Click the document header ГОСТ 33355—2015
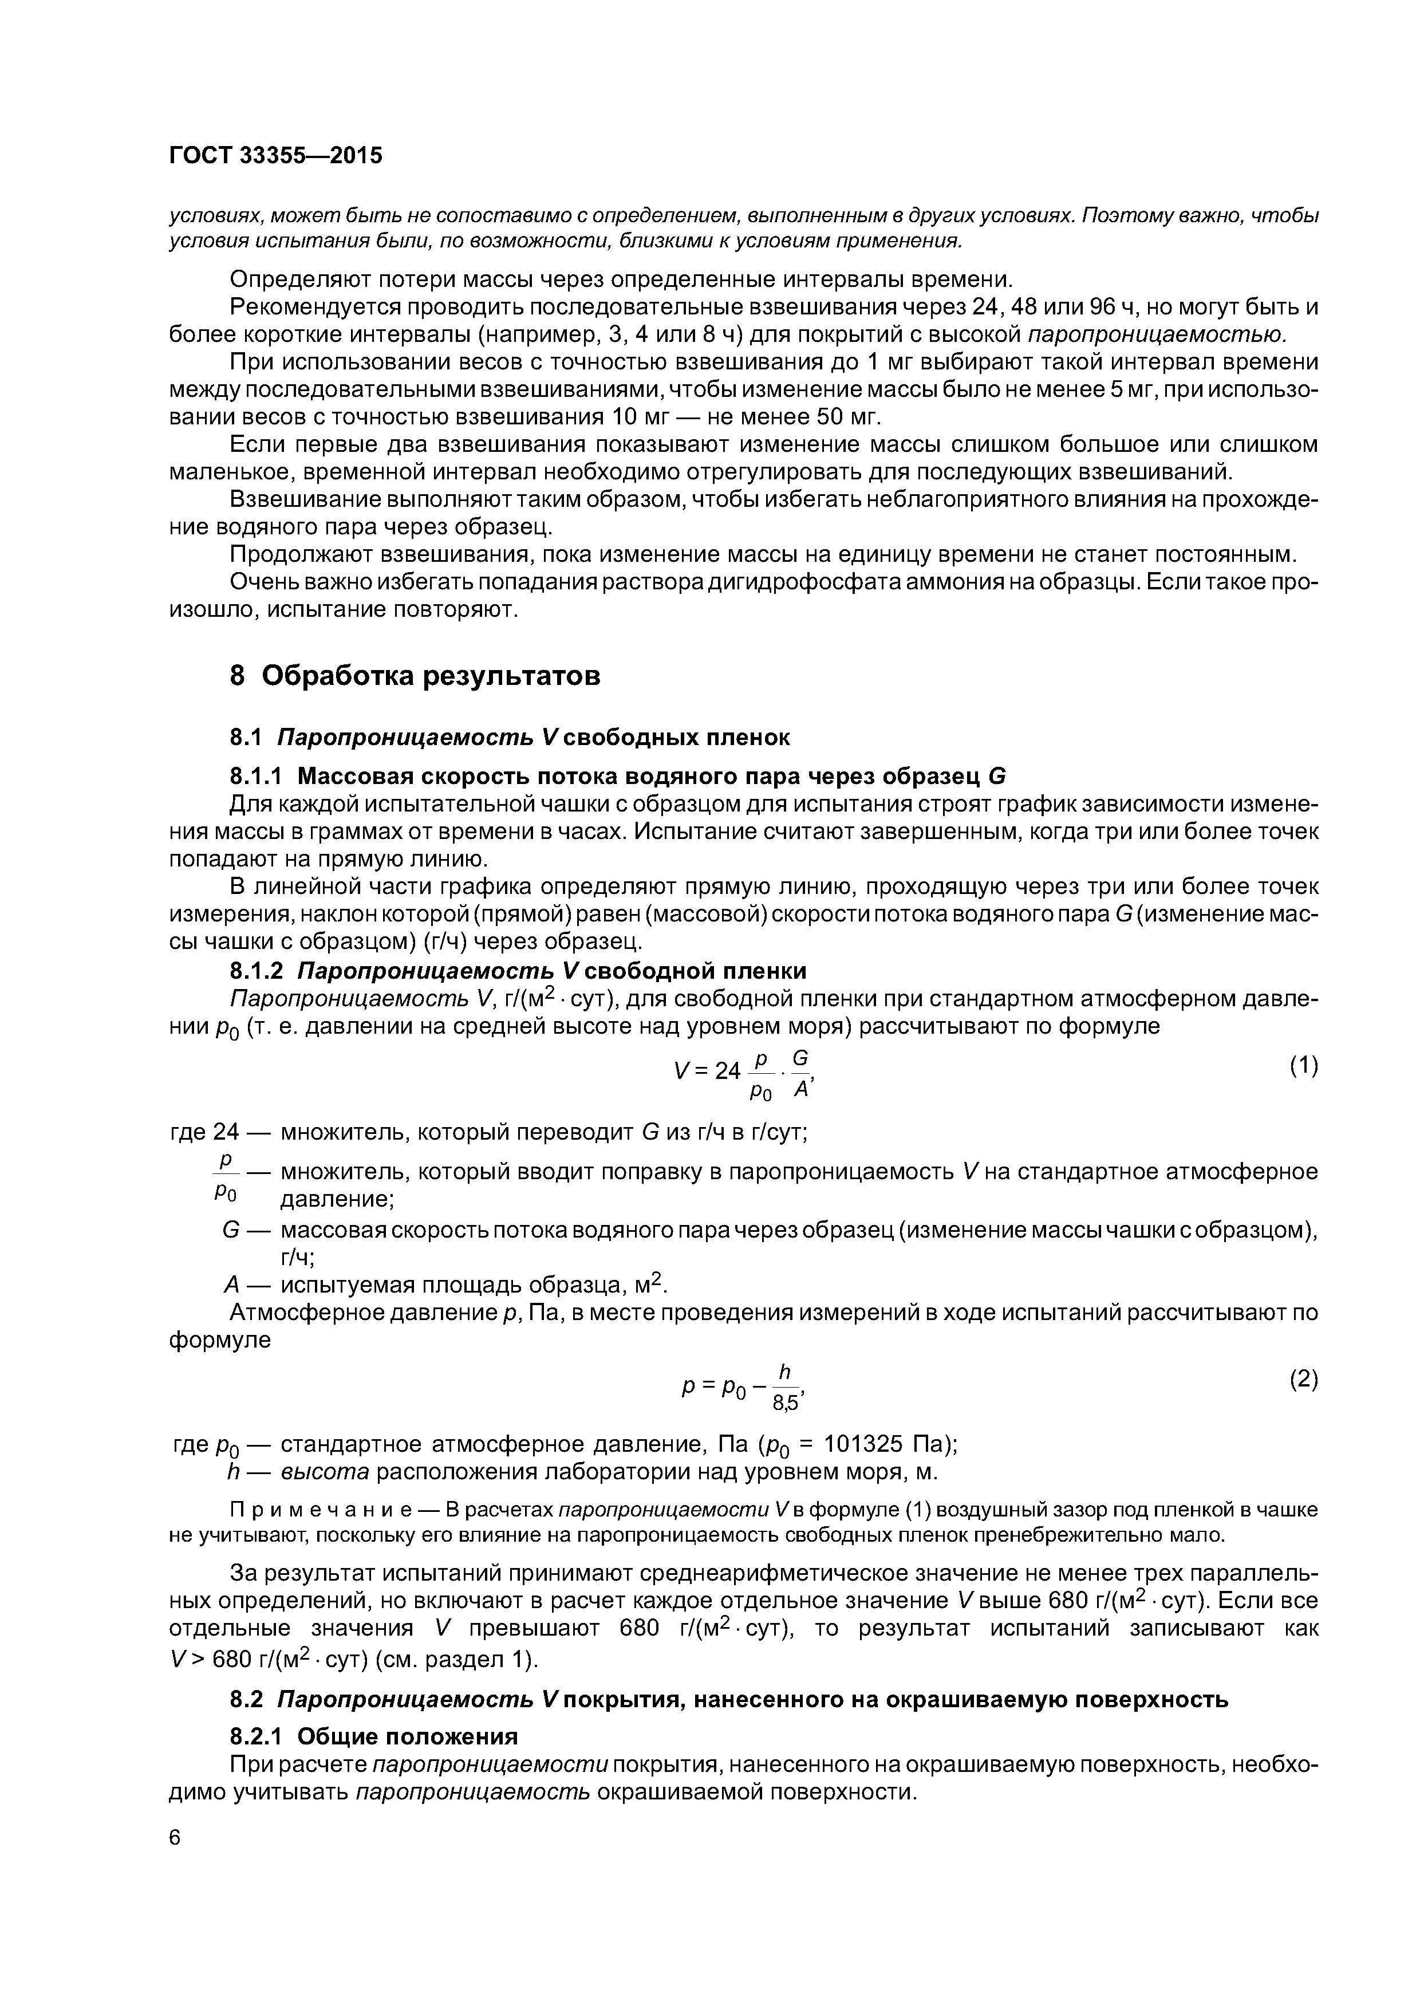[275, 156]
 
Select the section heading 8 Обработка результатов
[415, 676]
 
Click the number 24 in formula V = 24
[727, 1070]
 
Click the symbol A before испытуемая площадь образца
[232, 1285]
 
